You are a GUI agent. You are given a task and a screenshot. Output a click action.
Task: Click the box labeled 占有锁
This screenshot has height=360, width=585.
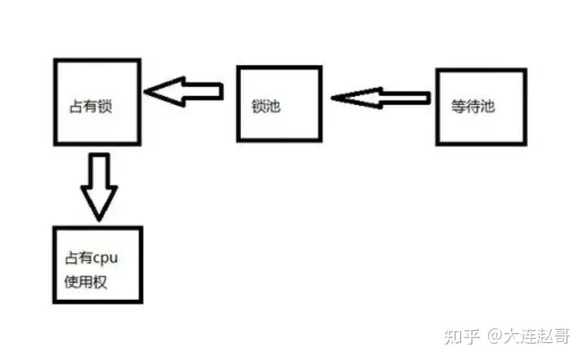tap(97, 102)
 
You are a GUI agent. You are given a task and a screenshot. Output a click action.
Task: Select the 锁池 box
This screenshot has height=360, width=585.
tap(279, 103)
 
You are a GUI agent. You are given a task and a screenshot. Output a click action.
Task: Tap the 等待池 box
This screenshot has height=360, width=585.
tap(481, 107)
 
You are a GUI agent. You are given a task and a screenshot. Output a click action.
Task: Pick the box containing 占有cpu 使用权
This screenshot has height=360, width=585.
tap(98, 264)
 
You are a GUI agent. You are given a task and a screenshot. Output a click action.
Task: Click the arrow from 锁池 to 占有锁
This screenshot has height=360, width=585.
tap(184, 91)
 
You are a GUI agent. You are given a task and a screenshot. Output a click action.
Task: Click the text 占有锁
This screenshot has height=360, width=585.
tap(91, 108)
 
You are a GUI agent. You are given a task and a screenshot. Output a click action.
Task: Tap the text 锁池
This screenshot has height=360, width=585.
tap(266, 107)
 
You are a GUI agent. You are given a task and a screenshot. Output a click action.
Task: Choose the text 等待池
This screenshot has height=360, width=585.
tap(473, 107)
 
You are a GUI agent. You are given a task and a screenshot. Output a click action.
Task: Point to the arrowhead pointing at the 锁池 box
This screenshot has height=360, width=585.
tap(352, 98)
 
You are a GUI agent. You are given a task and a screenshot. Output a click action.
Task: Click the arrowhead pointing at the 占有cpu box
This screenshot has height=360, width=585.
tap(99, 201)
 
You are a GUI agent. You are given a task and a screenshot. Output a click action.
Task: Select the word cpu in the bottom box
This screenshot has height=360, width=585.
tap(105, 259)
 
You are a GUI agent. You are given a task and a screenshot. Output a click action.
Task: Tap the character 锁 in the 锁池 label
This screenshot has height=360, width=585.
tap(259, 107)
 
